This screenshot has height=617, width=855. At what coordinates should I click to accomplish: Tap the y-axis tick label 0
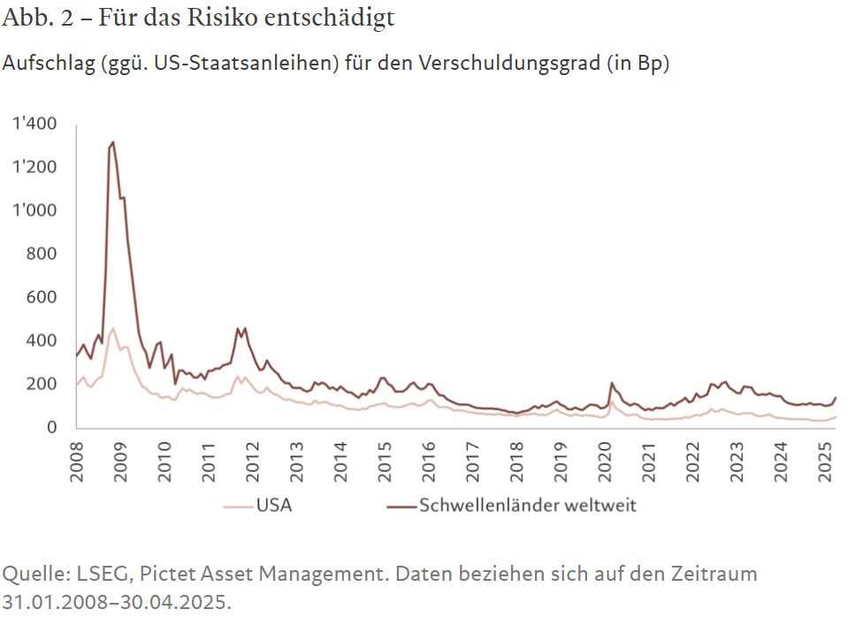pos(52,427)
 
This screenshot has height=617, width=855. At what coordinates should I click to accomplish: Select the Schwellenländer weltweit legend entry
pos(513,506)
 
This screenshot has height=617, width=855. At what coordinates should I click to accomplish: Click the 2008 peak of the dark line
pos(112,142)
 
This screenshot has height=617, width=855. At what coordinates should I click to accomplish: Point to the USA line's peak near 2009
pos(112,329)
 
